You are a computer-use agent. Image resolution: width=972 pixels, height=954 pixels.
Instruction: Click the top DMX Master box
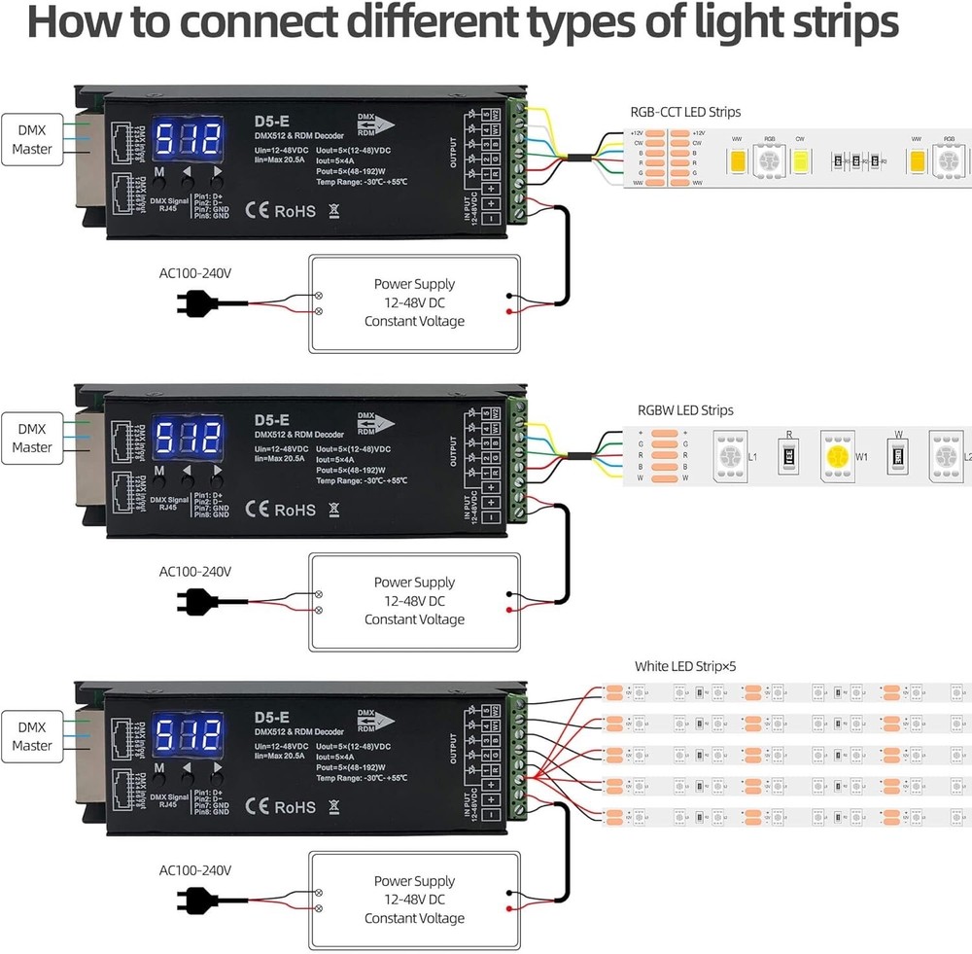tap(32, 138)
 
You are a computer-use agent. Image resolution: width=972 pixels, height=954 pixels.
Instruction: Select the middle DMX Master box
tap(32, 437)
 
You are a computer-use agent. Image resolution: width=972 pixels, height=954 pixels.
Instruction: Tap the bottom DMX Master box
tap(32, 735)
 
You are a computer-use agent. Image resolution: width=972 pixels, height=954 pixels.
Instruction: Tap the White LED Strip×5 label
tap(685, 667)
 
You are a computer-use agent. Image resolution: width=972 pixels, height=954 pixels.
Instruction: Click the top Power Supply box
tap(414, 302)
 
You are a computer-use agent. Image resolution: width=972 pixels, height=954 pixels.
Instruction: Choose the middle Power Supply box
tap(414, 601)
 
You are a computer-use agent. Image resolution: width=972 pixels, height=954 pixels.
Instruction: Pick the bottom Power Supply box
tap(414, 900)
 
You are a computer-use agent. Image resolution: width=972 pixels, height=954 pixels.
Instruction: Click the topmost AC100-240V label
tap(195, 273)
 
